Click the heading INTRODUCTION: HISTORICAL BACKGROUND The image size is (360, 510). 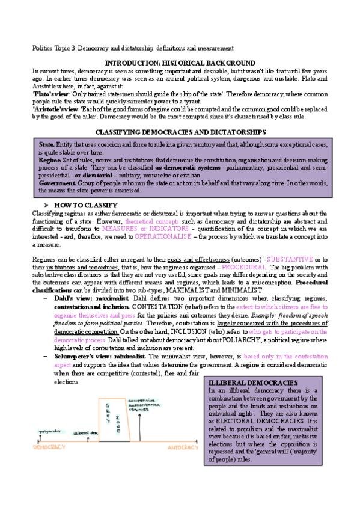180,63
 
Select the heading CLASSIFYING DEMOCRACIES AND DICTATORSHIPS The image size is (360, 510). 180,131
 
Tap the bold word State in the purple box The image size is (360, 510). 46,145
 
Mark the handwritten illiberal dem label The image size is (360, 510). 85,432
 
